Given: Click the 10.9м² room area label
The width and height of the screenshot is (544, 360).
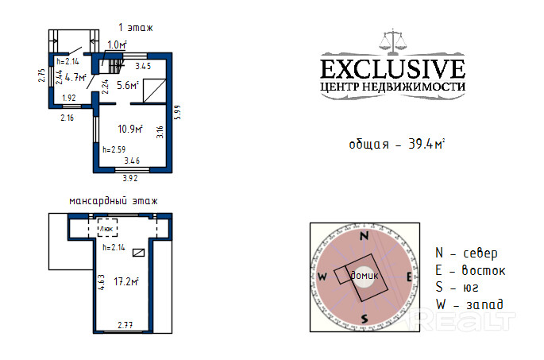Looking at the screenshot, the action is click(130, 129).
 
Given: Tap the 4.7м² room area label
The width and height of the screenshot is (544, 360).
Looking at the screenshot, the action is click(75, 77).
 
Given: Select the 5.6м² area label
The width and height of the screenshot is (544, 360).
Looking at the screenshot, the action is click(128, 85).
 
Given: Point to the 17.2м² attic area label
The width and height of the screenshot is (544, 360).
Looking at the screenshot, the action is click(126, 281).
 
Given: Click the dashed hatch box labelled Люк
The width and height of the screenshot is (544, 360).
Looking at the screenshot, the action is click(107, 228).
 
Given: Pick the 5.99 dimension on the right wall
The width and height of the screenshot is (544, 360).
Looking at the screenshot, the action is click(178, 113).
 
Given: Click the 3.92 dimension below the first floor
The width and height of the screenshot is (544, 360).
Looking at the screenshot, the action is click(130, 178).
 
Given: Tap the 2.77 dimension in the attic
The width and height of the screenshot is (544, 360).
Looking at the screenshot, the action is click(125, 325).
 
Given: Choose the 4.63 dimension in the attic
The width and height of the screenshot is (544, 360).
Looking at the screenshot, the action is click(102, 282).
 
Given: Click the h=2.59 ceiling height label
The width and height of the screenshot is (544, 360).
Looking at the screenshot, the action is click(114, 149).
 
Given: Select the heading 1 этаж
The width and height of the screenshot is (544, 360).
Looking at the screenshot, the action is click(135, 28).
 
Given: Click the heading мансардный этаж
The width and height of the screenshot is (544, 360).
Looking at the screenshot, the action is click(114, 201).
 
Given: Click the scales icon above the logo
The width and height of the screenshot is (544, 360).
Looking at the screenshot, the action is click(392, 41).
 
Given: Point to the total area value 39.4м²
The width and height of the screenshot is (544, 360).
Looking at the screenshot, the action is click(426, 144).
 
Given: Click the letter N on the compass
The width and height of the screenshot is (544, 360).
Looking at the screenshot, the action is click(364, 236).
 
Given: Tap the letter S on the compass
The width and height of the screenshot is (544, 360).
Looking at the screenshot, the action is click(365, 319).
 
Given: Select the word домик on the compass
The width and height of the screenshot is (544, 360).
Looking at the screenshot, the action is click(365, 276).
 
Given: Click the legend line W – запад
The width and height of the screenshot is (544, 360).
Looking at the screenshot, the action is click(470, 304).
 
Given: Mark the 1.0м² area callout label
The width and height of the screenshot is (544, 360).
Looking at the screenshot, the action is click(117, 45).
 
